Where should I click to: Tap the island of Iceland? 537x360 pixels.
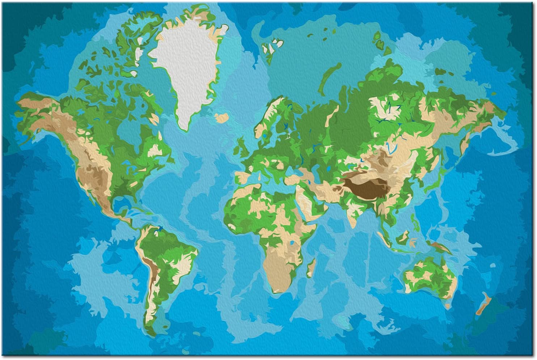[221, 118]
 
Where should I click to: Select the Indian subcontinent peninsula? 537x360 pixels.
[351, 213]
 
